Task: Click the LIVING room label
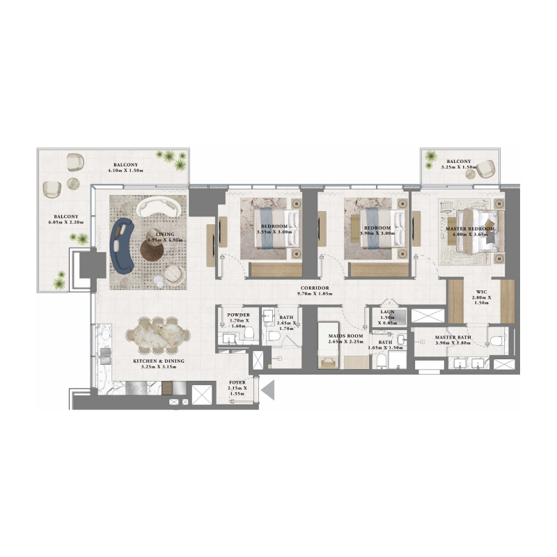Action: pos(165,235)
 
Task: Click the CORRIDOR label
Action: pos(314,288)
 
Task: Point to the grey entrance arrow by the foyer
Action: pos(268,391)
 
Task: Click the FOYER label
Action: pos(237,383)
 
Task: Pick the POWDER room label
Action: pos(238,315)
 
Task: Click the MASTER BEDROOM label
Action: pos(471,229)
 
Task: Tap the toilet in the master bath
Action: pos(496,339)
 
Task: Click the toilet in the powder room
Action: pos(248,335)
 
